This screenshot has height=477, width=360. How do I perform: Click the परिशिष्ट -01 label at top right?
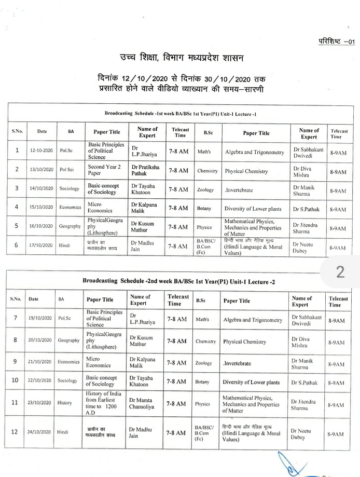(x=336, y=42)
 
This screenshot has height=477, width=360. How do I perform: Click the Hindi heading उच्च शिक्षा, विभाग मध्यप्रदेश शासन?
(x=180, y=57)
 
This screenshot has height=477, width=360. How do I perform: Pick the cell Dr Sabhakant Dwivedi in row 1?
(x=308, y=152)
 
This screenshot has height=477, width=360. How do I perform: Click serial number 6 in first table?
(x=17, y=246)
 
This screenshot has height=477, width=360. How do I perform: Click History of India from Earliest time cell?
(x=104, y=403)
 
